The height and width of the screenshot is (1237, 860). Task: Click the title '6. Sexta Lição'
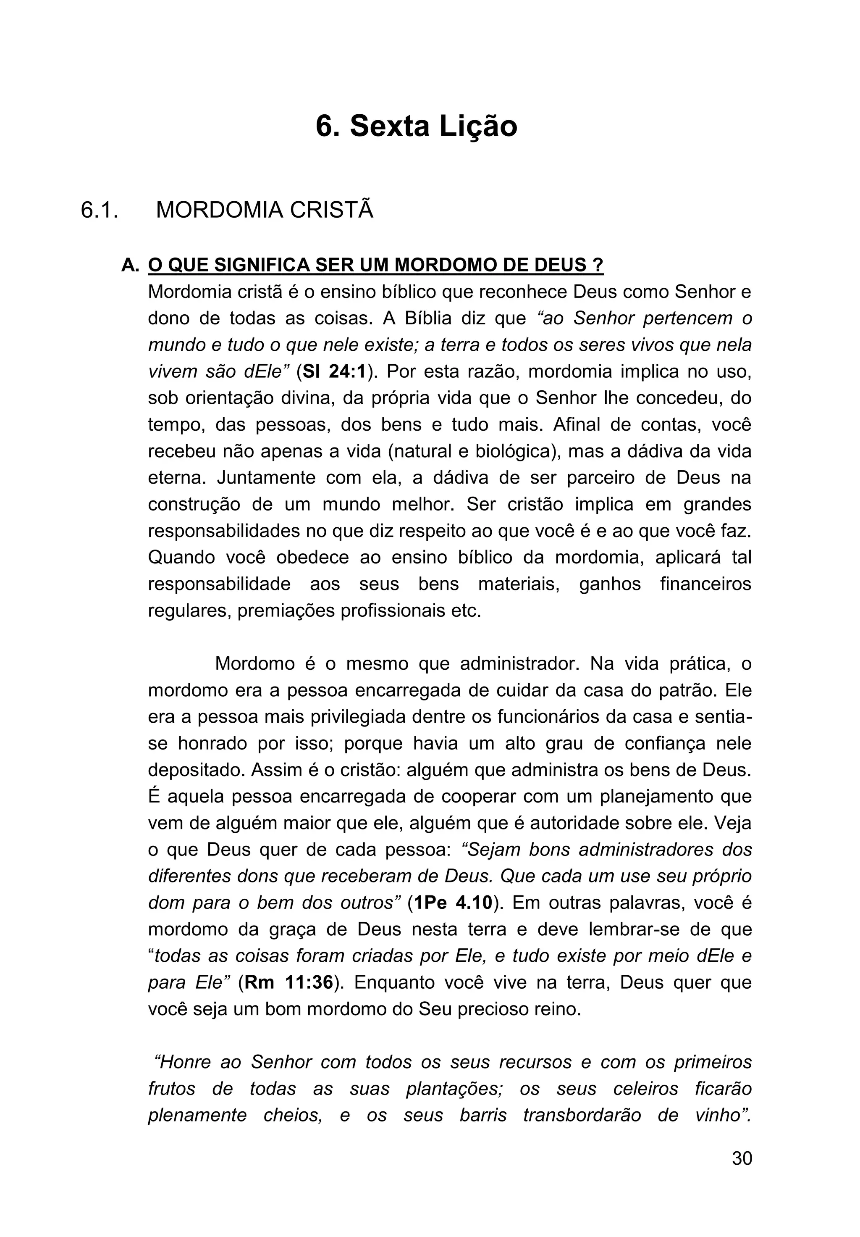[416, 126]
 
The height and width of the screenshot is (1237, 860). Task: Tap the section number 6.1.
[100, 210]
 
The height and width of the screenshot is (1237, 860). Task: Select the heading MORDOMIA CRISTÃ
[265, 210]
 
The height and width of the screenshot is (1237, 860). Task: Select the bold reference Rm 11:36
[288, 982]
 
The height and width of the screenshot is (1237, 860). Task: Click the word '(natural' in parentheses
[421, 452]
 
